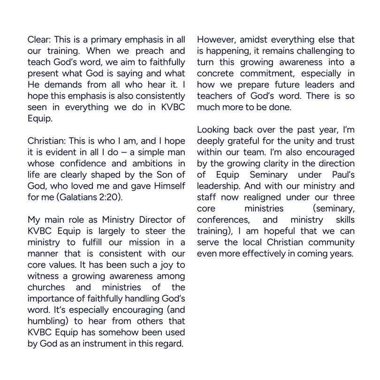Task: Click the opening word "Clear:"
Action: click(39, 40)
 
